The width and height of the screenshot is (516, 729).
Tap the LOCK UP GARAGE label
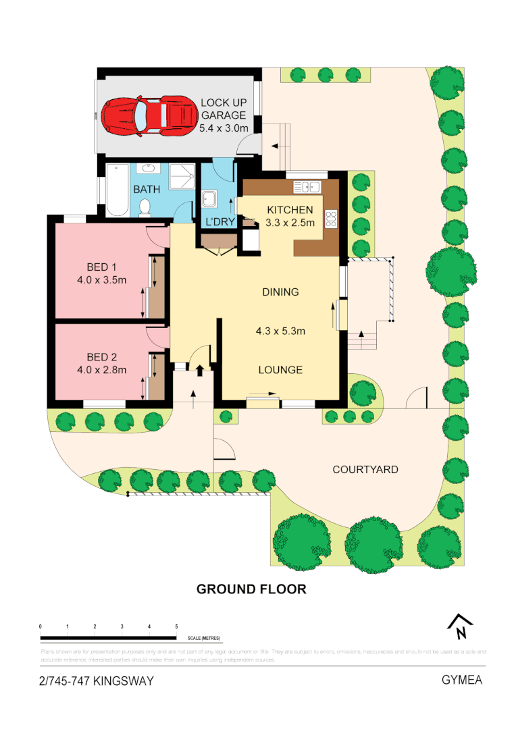pos(224,115)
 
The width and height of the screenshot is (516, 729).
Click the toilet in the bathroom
pos(143,210)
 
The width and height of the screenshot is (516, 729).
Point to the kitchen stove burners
pos(331,218)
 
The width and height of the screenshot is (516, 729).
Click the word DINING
pos(280,292)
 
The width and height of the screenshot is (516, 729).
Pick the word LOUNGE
pos(280,370)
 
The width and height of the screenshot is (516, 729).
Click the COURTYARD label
pos(365,469)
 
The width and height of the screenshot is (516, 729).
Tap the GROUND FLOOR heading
pos(251,589)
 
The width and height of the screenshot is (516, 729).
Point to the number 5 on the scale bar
pos(176,627)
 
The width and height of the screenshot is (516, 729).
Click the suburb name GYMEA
pos(462,680)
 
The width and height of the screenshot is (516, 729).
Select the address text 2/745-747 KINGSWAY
pos(97,680)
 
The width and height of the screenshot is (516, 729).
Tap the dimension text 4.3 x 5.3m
pos(280,331)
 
